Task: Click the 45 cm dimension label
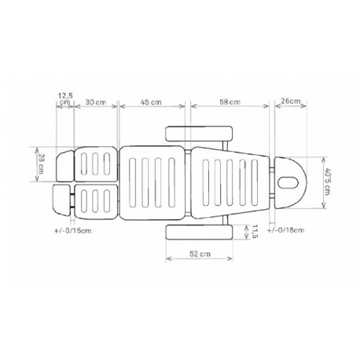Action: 151,102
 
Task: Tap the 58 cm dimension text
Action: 230,102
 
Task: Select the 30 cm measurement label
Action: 96,102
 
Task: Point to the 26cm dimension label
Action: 291,101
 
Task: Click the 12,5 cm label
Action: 65,98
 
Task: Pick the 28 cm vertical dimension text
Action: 42,164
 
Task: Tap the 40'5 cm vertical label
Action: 327,182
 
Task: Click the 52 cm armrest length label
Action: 200,254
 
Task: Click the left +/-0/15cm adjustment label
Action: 73,231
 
